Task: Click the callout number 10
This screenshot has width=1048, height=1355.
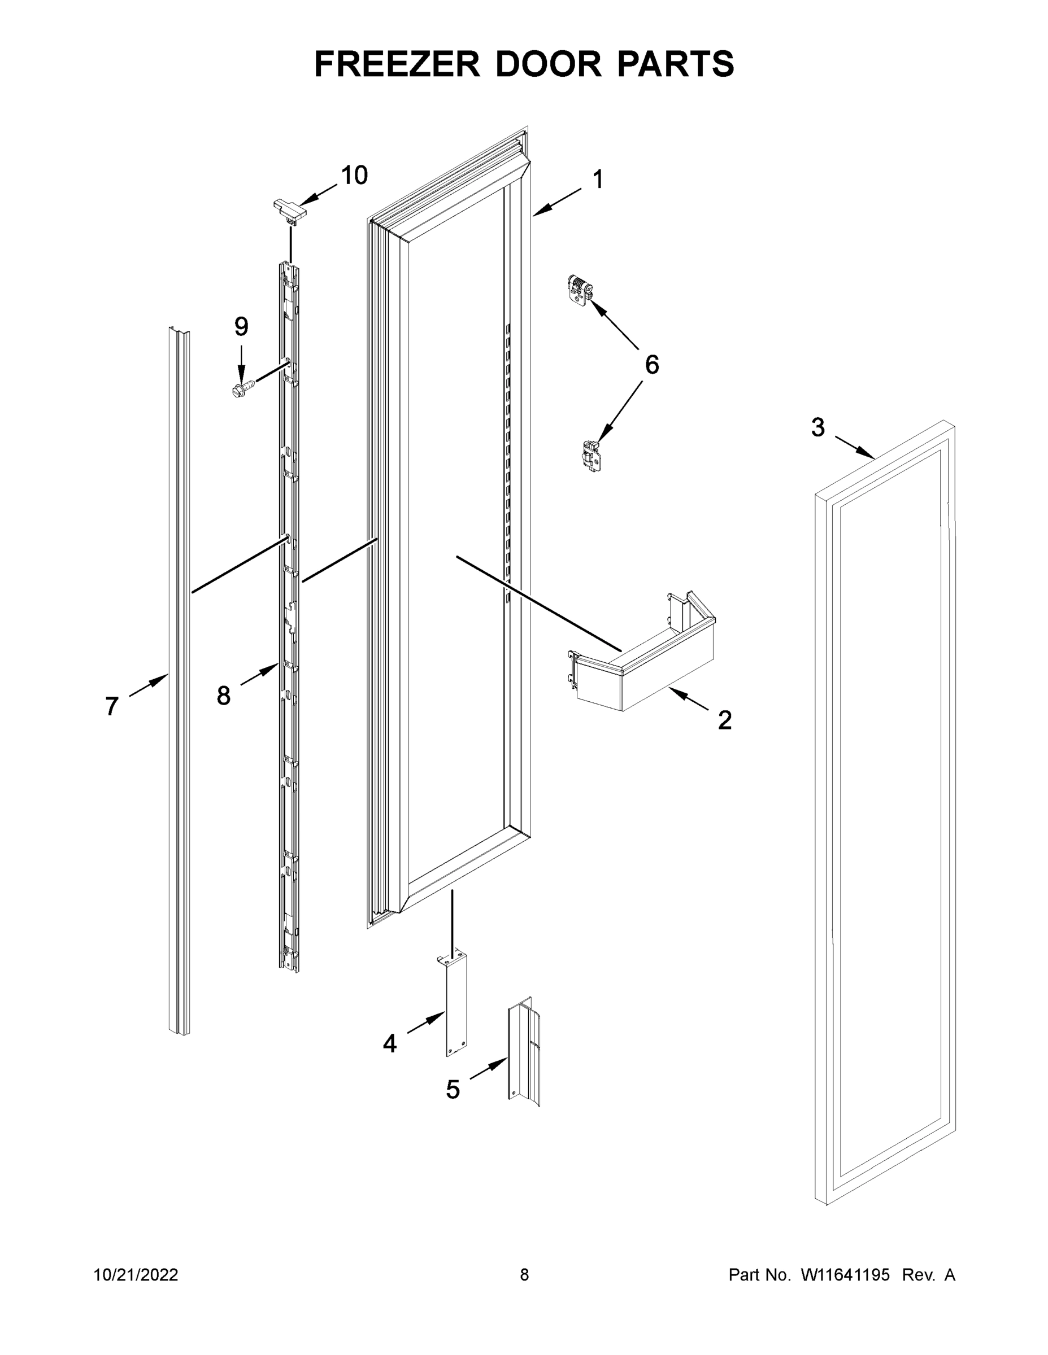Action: pyautogui.click(x=354, y=176)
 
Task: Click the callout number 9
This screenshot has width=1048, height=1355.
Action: pyautogui.click(x=241, y=326)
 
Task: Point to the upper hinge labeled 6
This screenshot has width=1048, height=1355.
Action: pyautogui.click(x=580, y=289)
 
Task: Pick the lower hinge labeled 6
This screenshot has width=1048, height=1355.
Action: pyautogui.click(x=590, y=457)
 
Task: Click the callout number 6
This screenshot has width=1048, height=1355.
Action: pyautogui.click(x=651, y=365)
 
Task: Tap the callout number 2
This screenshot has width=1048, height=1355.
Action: pyautogui.click(x=724, y=720)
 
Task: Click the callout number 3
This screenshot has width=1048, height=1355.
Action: pyautogui.click(x=817, y=427)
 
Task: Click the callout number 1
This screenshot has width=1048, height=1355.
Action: pyautogui.click(x=597, y=180)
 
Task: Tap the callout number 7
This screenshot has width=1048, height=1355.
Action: pyautogui.click(x=112, y=707)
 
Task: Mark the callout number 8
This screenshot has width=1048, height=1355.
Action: pyautogui.click(x=224, y=696)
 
